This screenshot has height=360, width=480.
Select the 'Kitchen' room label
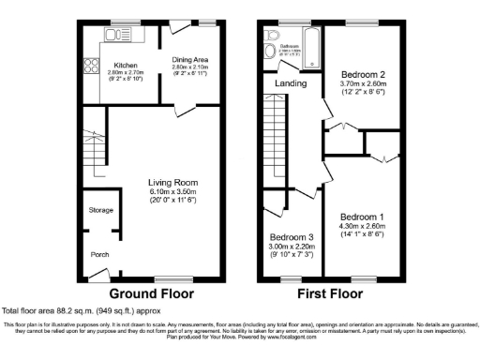click(127, 65)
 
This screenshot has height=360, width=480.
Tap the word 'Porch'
click(98, 254)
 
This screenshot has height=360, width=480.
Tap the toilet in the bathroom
click(273, 32)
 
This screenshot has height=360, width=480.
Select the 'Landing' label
click(291, 83)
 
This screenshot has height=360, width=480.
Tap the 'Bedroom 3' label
click(291, 236)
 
